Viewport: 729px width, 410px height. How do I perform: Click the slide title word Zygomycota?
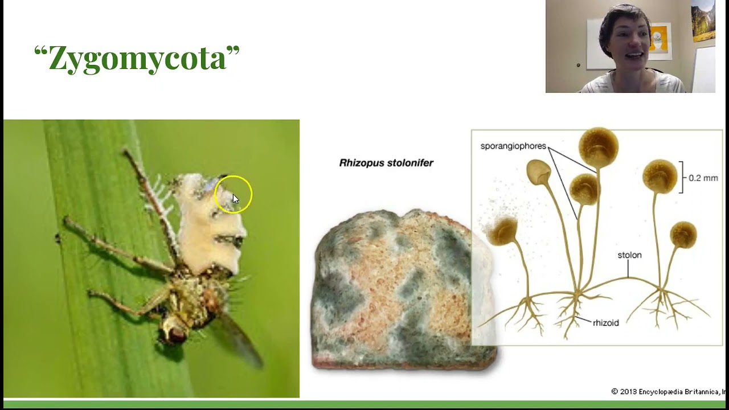tap(137, 59)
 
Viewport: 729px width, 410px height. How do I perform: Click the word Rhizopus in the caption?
tap(363, 163)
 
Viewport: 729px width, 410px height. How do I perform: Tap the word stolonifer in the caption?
tap(410, 163)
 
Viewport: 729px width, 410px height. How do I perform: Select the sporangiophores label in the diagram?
tap(513, 146)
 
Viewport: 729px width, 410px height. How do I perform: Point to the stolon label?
tap(629, 255)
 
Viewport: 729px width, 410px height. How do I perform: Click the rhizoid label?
tap(605, 323)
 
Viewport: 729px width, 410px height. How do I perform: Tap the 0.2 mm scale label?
tap(703, 178)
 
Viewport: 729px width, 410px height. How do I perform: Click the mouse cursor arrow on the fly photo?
tap(235, 199)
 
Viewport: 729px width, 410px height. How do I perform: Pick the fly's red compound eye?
tap(175, 333)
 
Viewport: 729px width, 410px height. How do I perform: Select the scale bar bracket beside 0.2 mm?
tap(681, 177)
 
